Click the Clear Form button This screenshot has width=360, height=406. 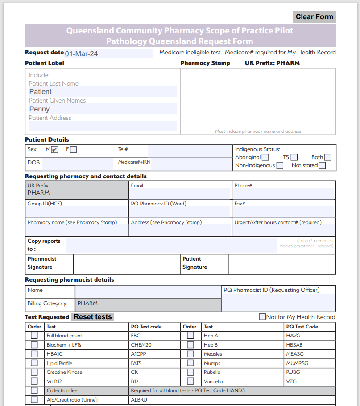[x=314, y=17]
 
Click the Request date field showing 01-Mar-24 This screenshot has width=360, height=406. [x=108, y=54]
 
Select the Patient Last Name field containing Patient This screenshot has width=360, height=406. [x=103, y=92]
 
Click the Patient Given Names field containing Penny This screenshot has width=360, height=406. [x=103, y=109]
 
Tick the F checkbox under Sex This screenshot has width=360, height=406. [x=73, y=150]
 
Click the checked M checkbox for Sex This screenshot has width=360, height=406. [x=54, y=150]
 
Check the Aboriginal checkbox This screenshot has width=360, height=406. [x=265, y=157]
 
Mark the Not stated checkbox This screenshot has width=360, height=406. [x=322, y=166]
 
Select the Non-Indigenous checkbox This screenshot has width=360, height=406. [x=280, y=166]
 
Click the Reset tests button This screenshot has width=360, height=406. [x=93, y=317]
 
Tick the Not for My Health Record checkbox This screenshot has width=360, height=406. [x=262, y=317]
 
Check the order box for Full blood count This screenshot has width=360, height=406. [x=34, y=336]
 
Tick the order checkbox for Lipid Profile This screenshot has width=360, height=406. [x=34, y=363]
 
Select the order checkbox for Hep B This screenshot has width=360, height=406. [x=190, y=345]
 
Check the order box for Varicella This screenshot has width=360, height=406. [x=190, y=381]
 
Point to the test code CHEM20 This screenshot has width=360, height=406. [x=141, y=345]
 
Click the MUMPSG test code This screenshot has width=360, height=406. [x=297, y=363]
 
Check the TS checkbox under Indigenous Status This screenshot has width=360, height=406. [x=294, y=157]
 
